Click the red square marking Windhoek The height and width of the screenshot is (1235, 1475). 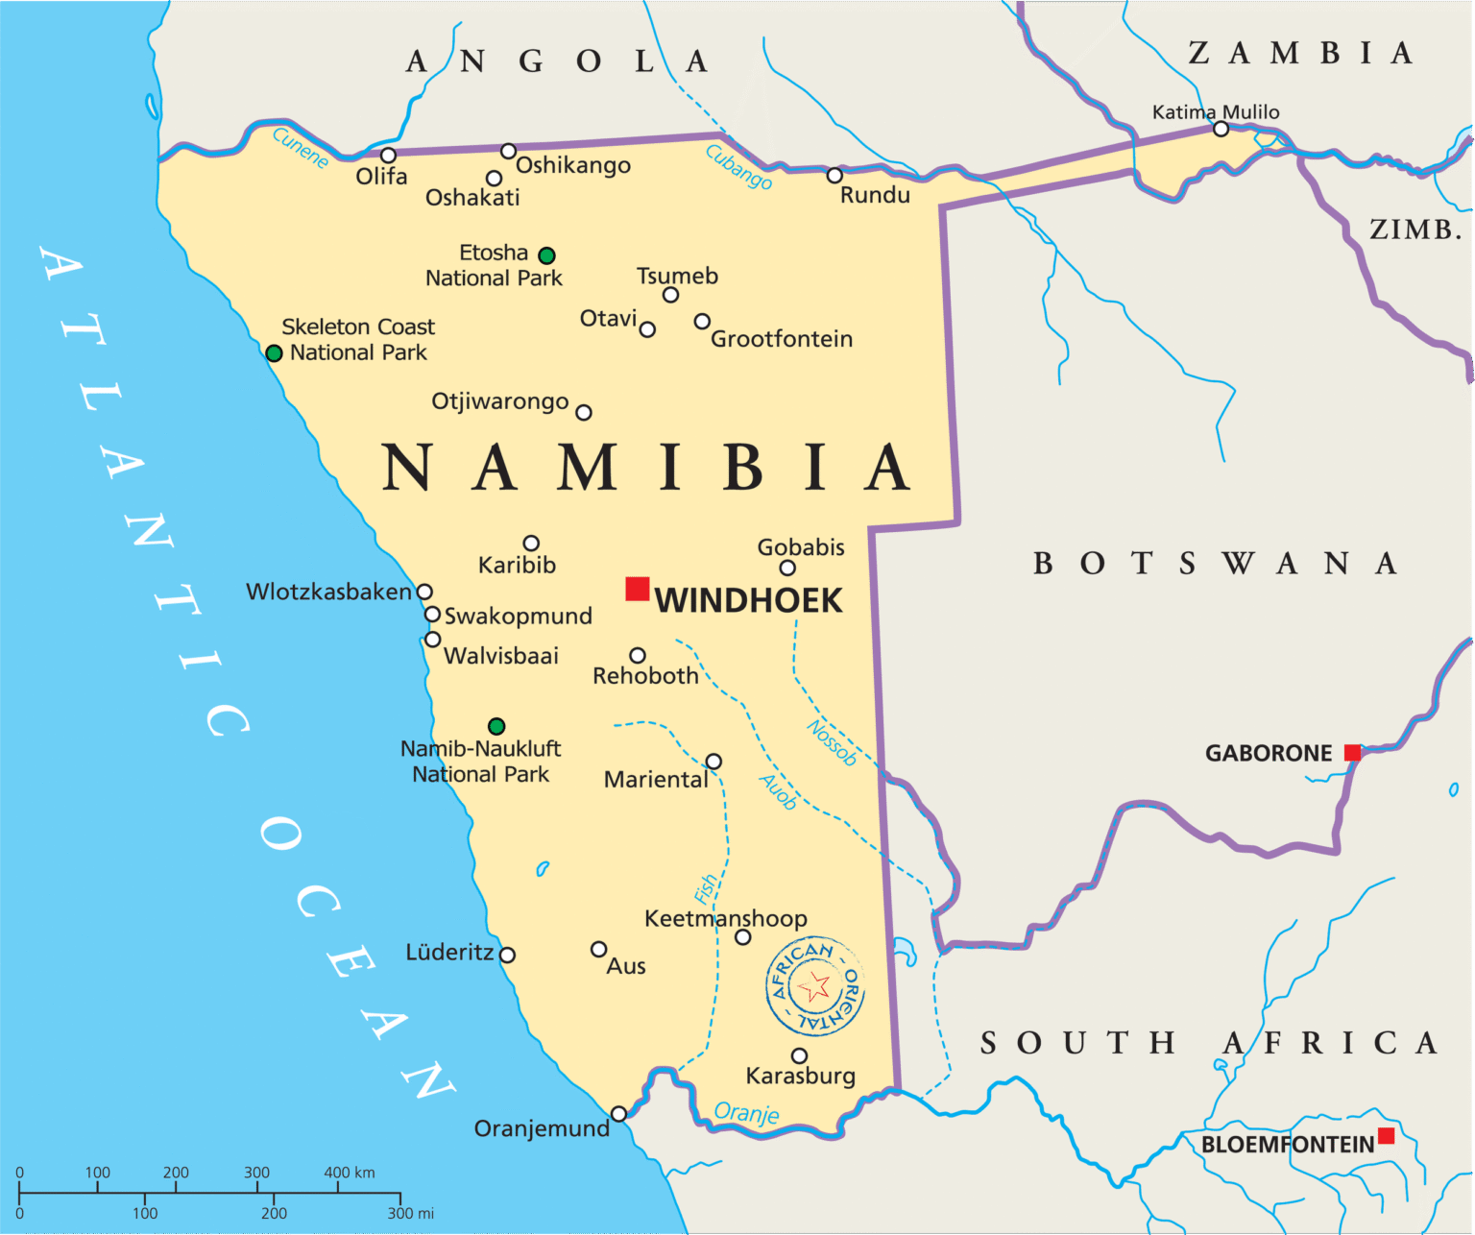pos(637,589)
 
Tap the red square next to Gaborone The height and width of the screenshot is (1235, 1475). pos(1352,753)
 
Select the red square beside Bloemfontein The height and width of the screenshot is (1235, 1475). pos(1386,1136)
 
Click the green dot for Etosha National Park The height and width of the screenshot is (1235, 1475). pos(546,255)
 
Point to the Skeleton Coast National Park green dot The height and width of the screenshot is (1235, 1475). pos(274,353)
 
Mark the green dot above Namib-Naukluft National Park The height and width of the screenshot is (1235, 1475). pos(496,726)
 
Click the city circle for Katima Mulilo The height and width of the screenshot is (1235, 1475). pos(1221,129)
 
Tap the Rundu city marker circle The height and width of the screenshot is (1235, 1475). pos(834,176)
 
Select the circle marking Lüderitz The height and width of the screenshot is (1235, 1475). pos(507,955)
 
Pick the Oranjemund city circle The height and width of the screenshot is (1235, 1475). pos(618,1114)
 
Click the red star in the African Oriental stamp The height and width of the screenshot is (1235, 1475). pos(814,986)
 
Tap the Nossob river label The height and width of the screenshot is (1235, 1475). pos(832,742)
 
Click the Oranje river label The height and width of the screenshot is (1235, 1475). pos(746,1112)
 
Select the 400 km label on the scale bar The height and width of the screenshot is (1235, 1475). pos(350,1173)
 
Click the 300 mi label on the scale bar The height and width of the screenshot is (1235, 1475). pos(411,1213)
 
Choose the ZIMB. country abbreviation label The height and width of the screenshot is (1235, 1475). pos(1415,230)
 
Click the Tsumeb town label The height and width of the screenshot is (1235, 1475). pos(677,276)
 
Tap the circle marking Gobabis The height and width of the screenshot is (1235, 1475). pos(787,568)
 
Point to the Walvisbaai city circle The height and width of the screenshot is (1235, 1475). pos(432,640)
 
